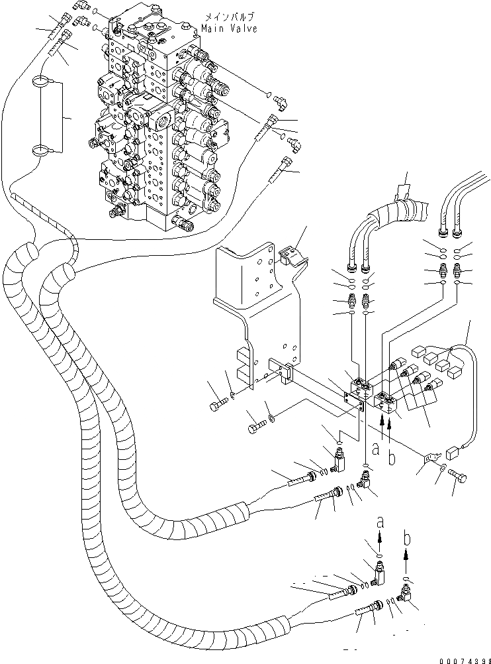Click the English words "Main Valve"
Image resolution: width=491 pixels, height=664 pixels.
229,28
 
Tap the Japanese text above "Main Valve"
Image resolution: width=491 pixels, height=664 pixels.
230,17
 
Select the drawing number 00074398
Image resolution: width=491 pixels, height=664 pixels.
465,661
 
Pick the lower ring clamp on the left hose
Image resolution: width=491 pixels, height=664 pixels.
42,150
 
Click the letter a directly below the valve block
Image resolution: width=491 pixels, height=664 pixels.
376,449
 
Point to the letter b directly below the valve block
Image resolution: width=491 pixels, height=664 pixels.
392,457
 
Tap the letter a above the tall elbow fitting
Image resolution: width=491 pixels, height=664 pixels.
380,523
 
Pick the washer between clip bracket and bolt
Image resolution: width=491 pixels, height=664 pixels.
442,467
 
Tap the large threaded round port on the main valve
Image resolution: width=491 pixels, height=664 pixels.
163,116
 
